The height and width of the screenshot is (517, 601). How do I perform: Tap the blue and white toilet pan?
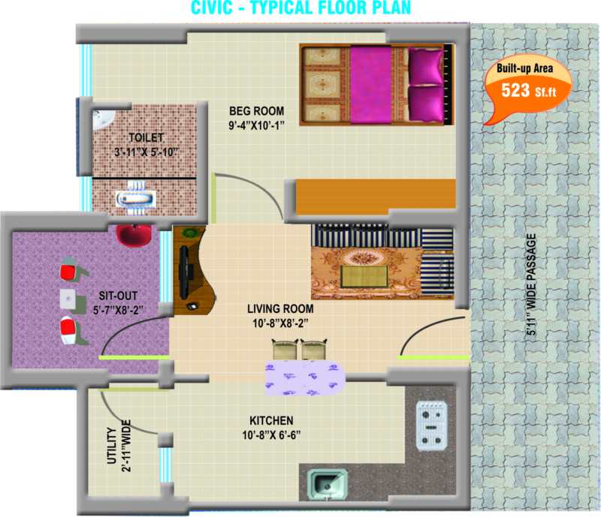pos(136,200)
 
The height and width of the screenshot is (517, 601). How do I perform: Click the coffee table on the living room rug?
pos(364,274)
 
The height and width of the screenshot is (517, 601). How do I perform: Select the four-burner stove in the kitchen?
pos(432,424)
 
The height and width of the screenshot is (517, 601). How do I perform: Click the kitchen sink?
pos(328,484)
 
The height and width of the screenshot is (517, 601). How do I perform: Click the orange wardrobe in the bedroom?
pos(376,194)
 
